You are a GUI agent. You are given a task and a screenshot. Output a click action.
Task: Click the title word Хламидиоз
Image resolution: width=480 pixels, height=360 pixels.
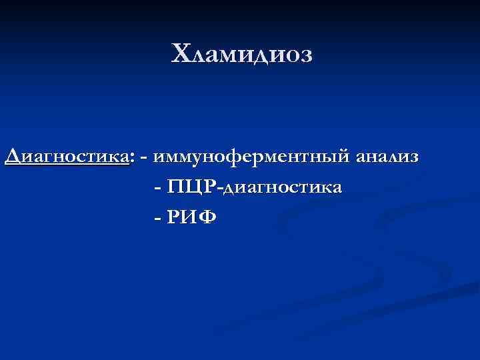coord(241,54)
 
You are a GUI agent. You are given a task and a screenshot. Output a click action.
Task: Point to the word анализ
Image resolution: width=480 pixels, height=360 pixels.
coord(387,157)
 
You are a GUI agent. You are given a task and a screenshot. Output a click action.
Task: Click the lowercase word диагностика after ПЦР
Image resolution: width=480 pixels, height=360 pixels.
coord(283,187)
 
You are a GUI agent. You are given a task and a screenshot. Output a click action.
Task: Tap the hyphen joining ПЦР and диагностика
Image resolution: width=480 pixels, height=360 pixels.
coord(219,189)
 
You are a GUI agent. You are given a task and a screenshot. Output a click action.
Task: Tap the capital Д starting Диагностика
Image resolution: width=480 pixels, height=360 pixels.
coord(13,157)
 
